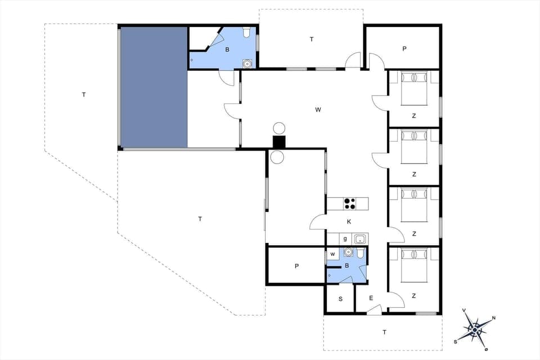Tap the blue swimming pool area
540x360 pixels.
[x=153, y=87]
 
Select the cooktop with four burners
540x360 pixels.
[x=349, y=203]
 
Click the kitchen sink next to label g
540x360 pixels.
[x=360, y=239]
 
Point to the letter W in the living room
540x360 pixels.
[x=318, y=110]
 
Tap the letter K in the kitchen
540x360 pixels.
[x=349, y=222]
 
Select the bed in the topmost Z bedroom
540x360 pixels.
[x=415, y=88]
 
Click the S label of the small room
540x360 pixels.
[x=340, y=299]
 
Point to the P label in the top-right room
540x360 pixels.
[x=404, y=49]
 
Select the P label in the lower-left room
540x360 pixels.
[x=296, y=266]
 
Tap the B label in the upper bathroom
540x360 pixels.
[x=227, y=49]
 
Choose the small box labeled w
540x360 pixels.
[x=332, y=254]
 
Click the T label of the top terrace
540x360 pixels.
[x=311, y=39]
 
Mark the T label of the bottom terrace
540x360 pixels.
[x=385, y=332]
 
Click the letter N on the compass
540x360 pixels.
[x=493, y=318]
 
